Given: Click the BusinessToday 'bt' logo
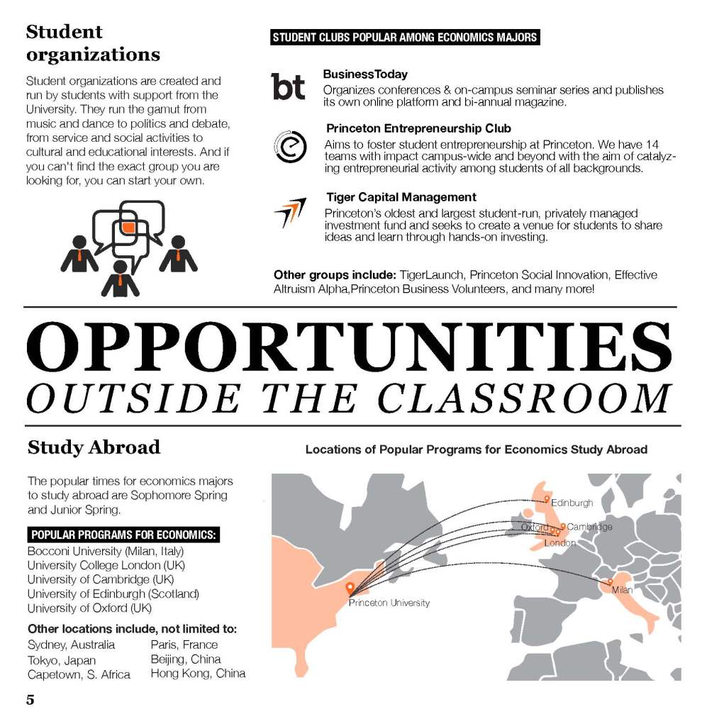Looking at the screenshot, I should [x=289, y=86].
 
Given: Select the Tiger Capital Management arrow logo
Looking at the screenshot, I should [x=289, y=212].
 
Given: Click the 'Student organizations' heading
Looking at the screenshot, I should [x=93, y=43].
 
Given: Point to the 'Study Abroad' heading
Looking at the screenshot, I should [x=94, y=447].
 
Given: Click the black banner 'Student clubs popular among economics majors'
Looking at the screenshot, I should [x=405, y=38].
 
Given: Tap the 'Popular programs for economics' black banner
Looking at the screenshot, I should [x=123, y=535].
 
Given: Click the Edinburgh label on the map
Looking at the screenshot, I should [x=572, y=503].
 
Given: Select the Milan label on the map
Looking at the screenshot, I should [x=622, y=590].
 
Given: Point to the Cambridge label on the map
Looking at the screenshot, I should [x=589, y=527].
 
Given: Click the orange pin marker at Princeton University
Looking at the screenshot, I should [x=350, y=588].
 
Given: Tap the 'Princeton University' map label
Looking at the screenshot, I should [x=389, y=603].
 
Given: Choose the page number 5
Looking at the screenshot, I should [x=30, y=700].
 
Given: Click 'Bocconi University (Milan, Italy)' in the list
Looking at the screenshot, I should [x=106, y=551].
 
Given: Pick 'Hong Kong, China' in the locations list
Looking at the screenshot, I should [x=198, y=673].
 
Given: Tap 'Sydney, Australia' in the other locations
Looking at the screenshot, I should [x=71, y=644].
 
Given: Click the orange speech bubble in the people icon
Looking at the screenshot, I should [x=128, y=228].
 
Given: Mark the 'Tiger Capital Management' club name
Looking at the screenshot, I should [x=401, y=197].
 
